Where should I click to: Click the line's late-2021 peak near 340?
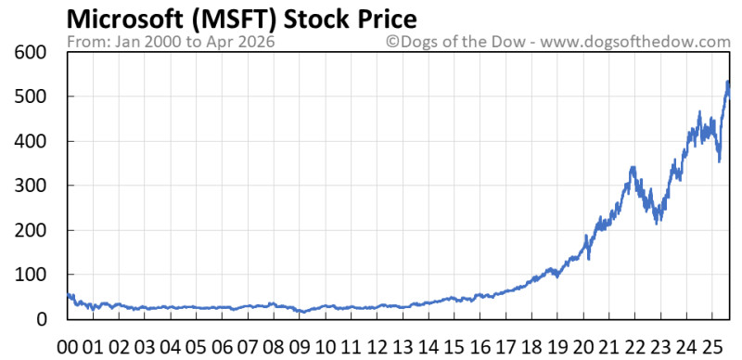click(x=633, y=168)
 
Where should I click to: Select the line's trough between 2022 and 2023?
click(x=658, y=222)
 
